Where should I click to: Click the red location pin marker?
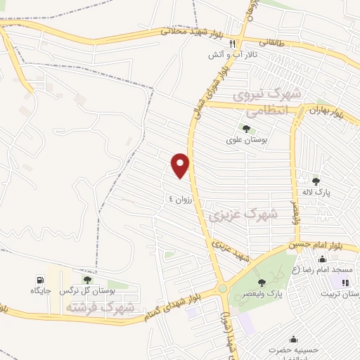tap(181, 165)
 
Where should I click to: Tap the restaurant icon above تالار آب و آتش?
tap(222, 43)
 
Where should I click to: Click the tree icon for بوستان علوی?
tap(245, 129)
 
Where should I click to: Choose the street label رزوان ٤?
tap(180, 199)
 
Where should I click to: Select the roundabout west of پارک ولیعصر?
tap(222, 288)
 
